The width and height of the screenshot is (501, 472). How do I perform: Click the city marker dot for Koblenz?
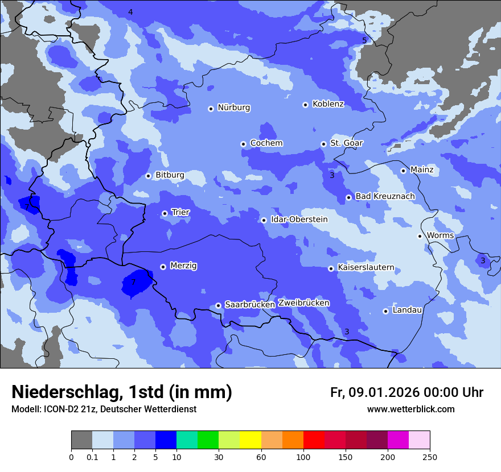(306, 105)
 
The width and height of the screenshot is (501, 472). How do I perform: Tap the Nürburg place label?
(233, 107)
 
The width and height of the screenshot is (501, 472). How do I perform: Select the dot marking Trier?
(165, 213)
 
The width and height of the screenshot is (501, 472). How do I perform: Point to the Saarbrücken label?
(250, 305)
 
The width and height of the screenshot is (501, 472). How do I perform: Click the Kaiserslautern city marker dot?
(331, 268)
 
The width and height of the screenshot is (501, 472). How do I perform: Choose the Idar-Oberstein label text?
(299, 220)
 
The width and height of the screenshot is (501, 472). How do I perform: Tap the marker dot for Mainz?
(403, 171)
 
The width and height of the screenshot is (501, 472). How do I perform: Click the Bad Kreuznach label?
(385, 196)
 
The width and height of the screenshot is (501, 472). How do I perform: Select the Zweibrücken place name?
(303, 303)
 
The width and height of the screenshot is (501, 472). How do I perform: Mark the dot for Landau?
(385, 311)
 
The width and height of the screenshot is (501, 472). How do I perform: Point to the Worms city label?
(440, 235)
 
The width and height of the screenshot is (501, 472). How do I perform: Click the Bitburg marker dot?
(148, 176)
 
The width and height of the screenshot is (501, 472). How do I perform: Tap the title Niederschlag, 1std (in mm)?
(122, 392)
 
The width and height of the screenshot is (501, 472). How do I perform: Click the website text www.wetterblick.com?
(410, 409)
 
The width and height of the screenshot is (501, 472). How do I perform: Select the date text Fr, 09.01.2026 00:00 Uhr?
(406, 392)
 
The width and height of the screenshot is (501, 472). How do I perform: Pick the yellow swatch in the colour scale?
(250, 440)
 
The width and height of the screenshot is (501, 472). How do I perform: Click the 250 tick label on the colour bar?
(429, 457)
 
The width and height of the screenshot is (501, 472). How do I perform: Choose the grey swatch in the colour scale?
(81, 440)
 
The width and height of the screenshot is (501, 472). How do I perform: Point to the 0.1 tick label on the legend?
(92, 457)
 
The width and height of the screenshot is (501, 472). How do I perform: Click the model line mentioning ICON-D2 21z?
(104, 409)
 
